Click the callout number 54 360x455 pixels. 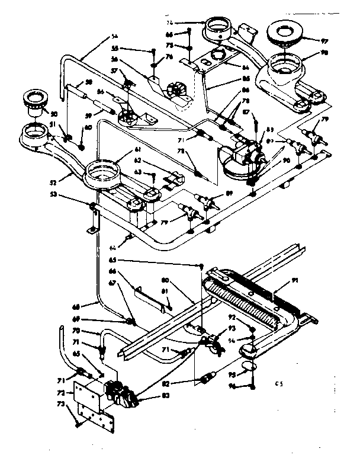click(114, 36)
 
